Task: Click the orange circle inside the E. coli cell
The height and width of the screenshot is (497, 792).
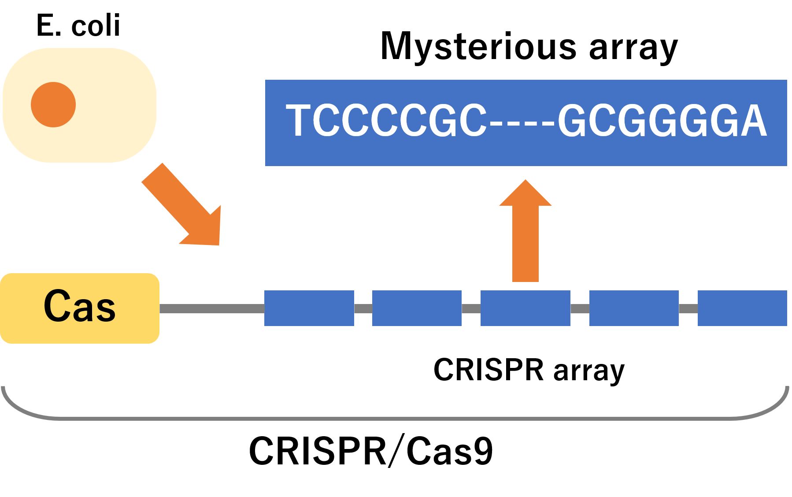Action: (x=53, y=105)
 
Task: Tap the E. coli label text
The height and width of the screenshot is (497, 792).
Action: (x=78, y=26)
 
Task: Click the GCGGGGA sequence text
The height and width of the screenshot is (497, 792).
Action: (x=662, y=120)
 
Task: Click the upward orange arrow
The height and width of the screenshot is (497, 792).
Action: (x=526, y=230)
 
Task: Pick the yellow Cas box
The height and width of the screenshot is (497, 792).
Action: (x=80, y=308)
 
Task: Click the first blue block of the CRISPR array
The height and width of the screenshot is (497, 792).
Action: (x=309, y=308)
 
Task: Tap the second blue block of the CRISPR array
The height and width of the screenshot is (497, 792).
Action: (x=417, y=308)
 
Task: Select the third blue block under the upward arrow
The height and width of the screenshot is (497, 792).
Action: (x=526, y=308)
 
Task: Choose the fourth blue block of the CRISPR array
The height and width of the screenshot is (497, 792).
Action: (x=634, y=308)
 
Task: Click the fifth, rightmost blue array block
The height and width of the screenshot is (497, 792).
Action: (x=742, y=308)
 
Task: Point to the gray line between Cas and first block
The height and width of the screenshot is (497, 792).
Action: (x=212, y=308)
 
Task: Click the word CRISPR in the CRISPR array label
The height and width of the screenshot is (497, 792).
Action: (x=489, y=370)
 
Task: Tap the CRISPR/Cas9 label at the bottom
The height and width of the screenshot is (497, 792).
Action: (x=371, y=451)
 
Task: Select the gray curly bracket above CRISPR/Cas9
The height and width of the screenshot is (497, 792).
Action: (x=395, y=418)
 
